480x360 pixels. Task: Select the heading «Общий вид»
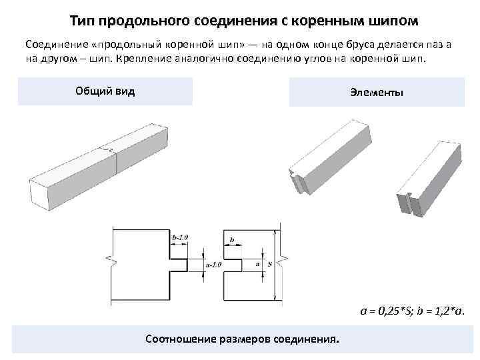coord(105,91)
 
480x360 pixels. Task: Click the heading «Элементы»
coord(376,92)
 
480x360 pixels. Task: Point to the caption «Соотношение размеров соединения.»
coord(241,339)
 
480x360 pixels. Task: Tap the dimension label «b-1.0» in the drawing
coord(180,237)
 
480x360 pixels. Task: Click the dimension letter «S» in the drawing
coord(269,265)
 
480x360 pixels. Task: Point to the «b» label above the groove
coord(231,238)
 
